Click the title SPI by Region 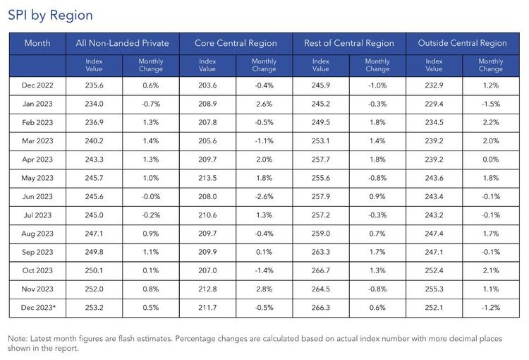50,16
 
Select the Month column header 37,43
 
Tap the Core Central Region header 236,43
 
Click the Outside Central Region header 462,43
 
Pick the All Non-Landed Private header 123,43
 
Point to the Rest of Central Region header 349,43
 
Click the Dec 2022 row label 37,85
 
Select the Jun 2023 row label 37,196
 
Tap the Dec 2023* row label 38,308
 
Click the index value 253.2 94,308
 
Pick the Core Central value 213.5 207,178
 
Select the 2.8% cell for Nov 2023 264,289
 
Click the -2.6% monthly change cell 264,196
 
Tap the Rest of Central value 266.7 321,270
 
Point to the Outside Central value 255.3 434,289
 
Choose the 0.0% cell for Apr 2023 491,160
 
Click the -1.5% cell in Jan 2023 491,104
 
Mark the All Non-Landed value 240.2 94,141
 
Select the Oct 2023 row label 37,270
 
